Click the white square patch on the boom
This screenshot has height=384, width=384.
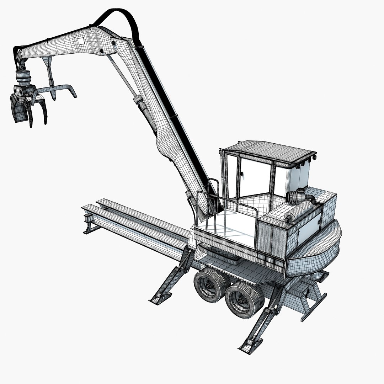tap(81, 41)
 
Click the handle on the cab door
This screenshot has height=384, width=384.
tap(242, 174)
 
